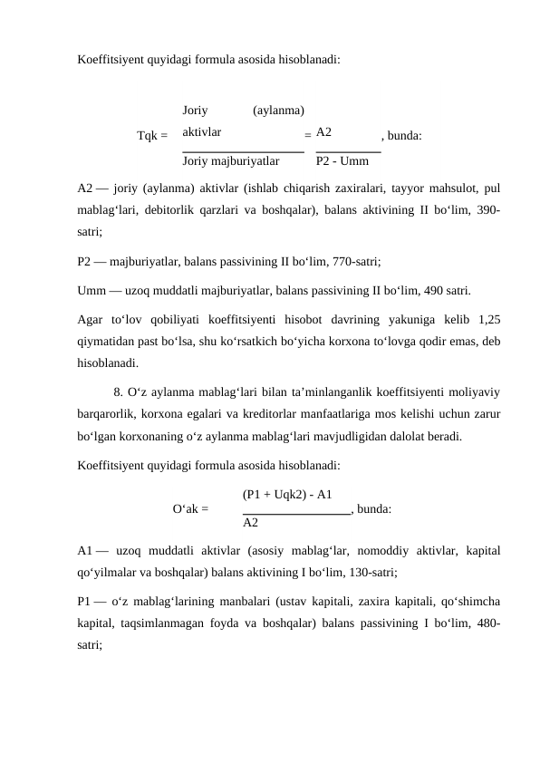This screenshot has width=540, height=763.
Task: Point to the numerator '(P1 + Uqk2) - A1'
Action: click(x=287, y=494)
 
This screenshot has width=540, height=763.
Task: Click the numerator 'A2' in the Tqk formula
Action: click(x=324, y=131)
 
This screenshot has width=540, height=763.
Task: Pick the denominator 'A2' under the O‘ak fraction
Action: click(x=251, y=523)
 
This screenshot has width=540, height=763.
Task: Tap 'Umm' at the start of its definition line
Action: click(x=92, y=291)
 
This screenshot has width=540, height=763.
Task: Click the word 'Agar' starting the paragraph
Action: click(x=92, y=319)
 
